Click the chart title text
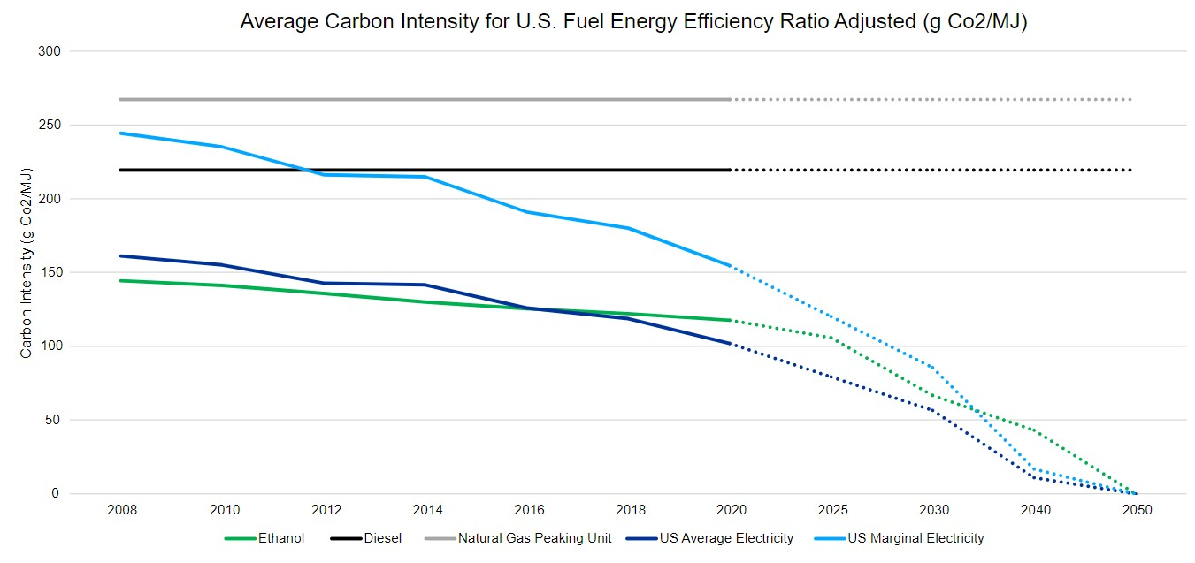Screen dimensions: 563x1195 tap(633, 22)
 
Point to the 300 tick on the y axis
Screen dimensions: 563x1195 tap(50, 51)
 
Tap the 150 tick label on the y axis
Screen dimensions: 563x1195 tap(50, 272)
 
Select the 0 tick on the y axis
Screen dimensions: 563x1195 tap(56, 493)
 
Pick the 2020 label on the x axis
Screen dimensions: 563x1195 tap(732, 511)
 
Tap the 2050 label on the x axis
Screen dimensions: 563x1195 tap(1137, 511)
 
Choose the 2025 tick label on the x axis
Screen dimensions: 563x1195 tap(833, 511)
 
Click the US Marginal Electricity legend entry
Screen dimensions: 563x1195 tap(915, 538)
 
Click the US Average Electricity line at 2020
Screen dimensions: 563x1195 tap(731, 344)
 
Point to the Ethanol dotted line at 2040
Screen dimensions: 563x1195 tap(1035, 431)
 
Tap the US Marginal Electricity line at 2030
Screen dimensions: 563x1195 tap(934, 368)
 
